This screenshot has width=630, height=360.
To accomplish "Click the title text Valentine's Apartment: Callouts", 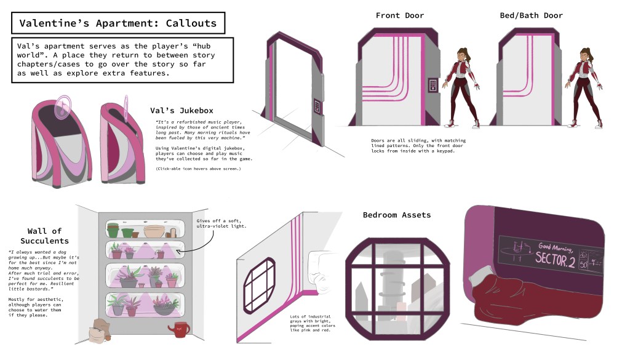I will click(x=118, y=24).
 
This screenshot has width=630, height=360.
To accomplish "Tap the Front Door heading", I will click(x=400, y=15).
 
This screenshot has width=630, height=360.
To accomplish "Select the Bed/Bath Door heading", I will click(x=531, y=15).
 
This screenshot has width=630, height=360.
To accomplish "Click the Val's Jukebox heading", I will click(x=181, y=111).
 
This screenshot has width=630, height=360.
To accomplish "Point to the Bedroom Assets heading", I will click(x=397, y=215).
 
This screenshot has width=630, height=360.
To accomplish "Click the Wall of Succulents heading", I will click(x=40, y=236).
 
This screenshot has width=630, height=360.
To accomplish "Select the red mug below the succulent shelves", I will click(x=180, y=329).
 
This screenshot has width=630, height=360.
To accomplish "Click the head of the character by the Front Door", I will click(x=463, y=55).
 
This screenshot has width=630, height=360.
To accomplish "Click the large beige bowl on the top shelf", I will click(x=154, y=231).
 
